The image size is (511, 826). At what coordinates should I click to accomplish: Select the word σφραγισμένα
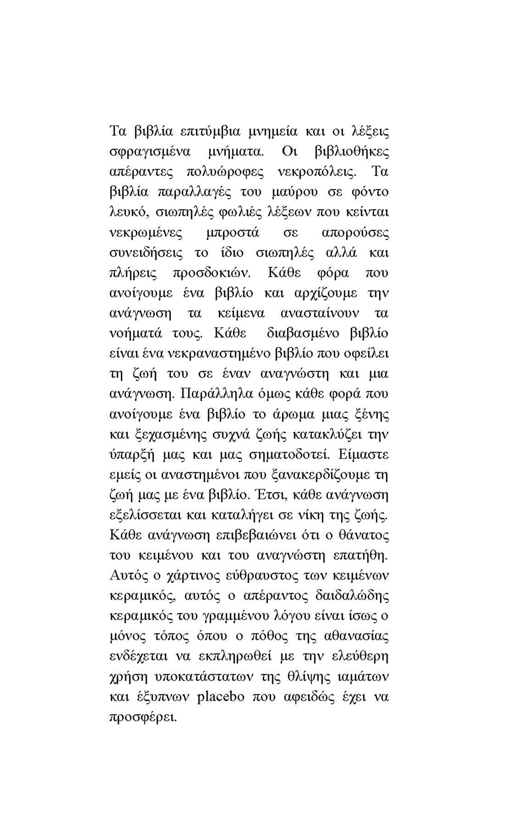(150, 152)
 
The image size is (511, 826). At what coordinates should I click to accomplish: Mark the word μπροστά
(233, 233)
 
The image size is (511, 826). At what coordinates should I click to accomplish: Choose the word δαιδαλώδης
(352, 596)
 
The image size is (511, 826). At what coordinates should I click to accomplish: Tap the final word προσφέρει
(143, 717)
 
